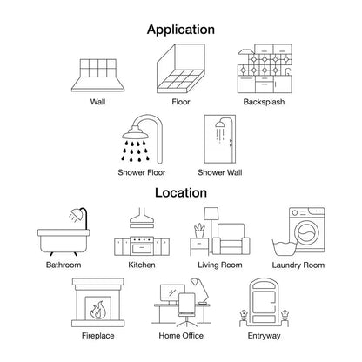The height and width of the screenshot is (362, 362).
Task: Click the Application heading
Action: [181, 30]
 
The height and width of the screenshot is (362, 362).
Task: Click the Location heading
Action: [181, 192]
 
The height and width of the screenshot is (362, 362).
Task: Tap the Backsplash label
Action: [264, 102]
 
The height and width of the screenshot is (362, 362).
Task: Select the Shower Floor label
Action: [142, 172]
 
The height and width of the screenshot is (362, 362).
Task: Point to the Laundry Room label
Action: [298, 265]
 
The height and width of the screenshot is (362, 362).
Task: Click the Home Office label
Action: [181, 336]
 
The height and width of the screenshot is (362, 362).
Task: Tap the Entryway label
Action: [264, 336]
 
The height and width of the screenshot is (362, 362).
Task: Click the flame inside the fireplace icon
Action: [98, 310]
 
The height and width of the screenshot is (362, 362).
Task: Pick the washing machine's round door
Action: [306, 232]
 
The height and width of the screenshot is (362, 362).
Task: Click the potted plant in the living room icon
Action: [199, 231]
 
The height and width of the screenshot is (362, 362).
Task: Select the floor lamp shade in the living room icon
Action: [211, 214]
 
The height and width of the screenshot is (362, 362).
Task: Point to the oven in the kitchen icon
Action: [142, 246]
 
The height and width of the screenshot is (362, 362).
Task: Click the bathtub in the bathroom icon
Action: [64, 241]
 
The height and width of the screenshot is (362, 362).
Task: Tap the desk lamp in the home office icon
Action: [200, 291]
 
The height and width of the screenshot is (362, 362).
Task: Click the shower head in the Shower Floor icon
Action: [135, 133]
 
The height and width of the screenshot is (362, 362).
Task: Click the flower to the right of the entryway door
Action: [285, 314]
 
